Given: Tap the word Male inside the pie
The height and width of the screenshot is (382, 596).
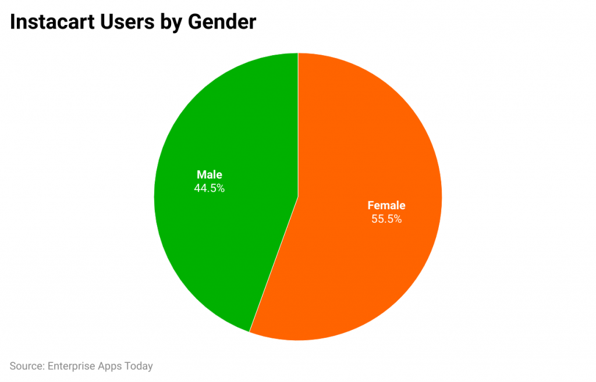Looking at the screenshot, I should [210, 174].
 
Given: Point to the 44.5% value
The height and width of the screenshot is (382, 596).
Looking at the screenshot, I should [210, 188].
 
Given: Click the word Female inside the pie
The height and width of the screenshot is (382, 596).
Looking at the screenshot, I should [386, 205].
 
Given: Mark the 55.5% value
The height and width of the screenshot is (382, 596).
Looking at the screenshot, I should [386, 219].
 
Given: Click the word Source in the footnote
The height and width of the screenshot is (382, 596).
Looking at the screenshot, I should [26, 366].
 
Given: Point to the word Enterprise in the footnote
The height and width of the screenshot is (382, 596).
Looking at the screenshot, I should [71, 366].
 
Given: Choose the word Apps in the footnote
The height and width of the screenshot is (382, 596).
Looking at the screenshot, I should [111, 366].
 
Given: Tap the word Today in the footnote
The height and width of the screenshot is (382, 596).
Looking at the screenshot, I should [139, 366].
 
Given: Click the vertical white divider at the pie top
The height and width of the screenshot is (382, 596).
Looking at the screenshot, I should [298, 116].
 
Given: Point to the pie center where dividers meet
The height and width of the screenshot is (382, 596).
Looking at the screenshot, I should [298, 197].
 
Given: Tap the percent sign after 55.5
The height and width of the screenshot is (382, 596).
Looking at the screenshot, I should [398, 219].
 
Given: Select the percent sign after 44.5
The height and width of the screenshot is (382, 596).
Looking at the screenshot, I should [221, 188].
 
